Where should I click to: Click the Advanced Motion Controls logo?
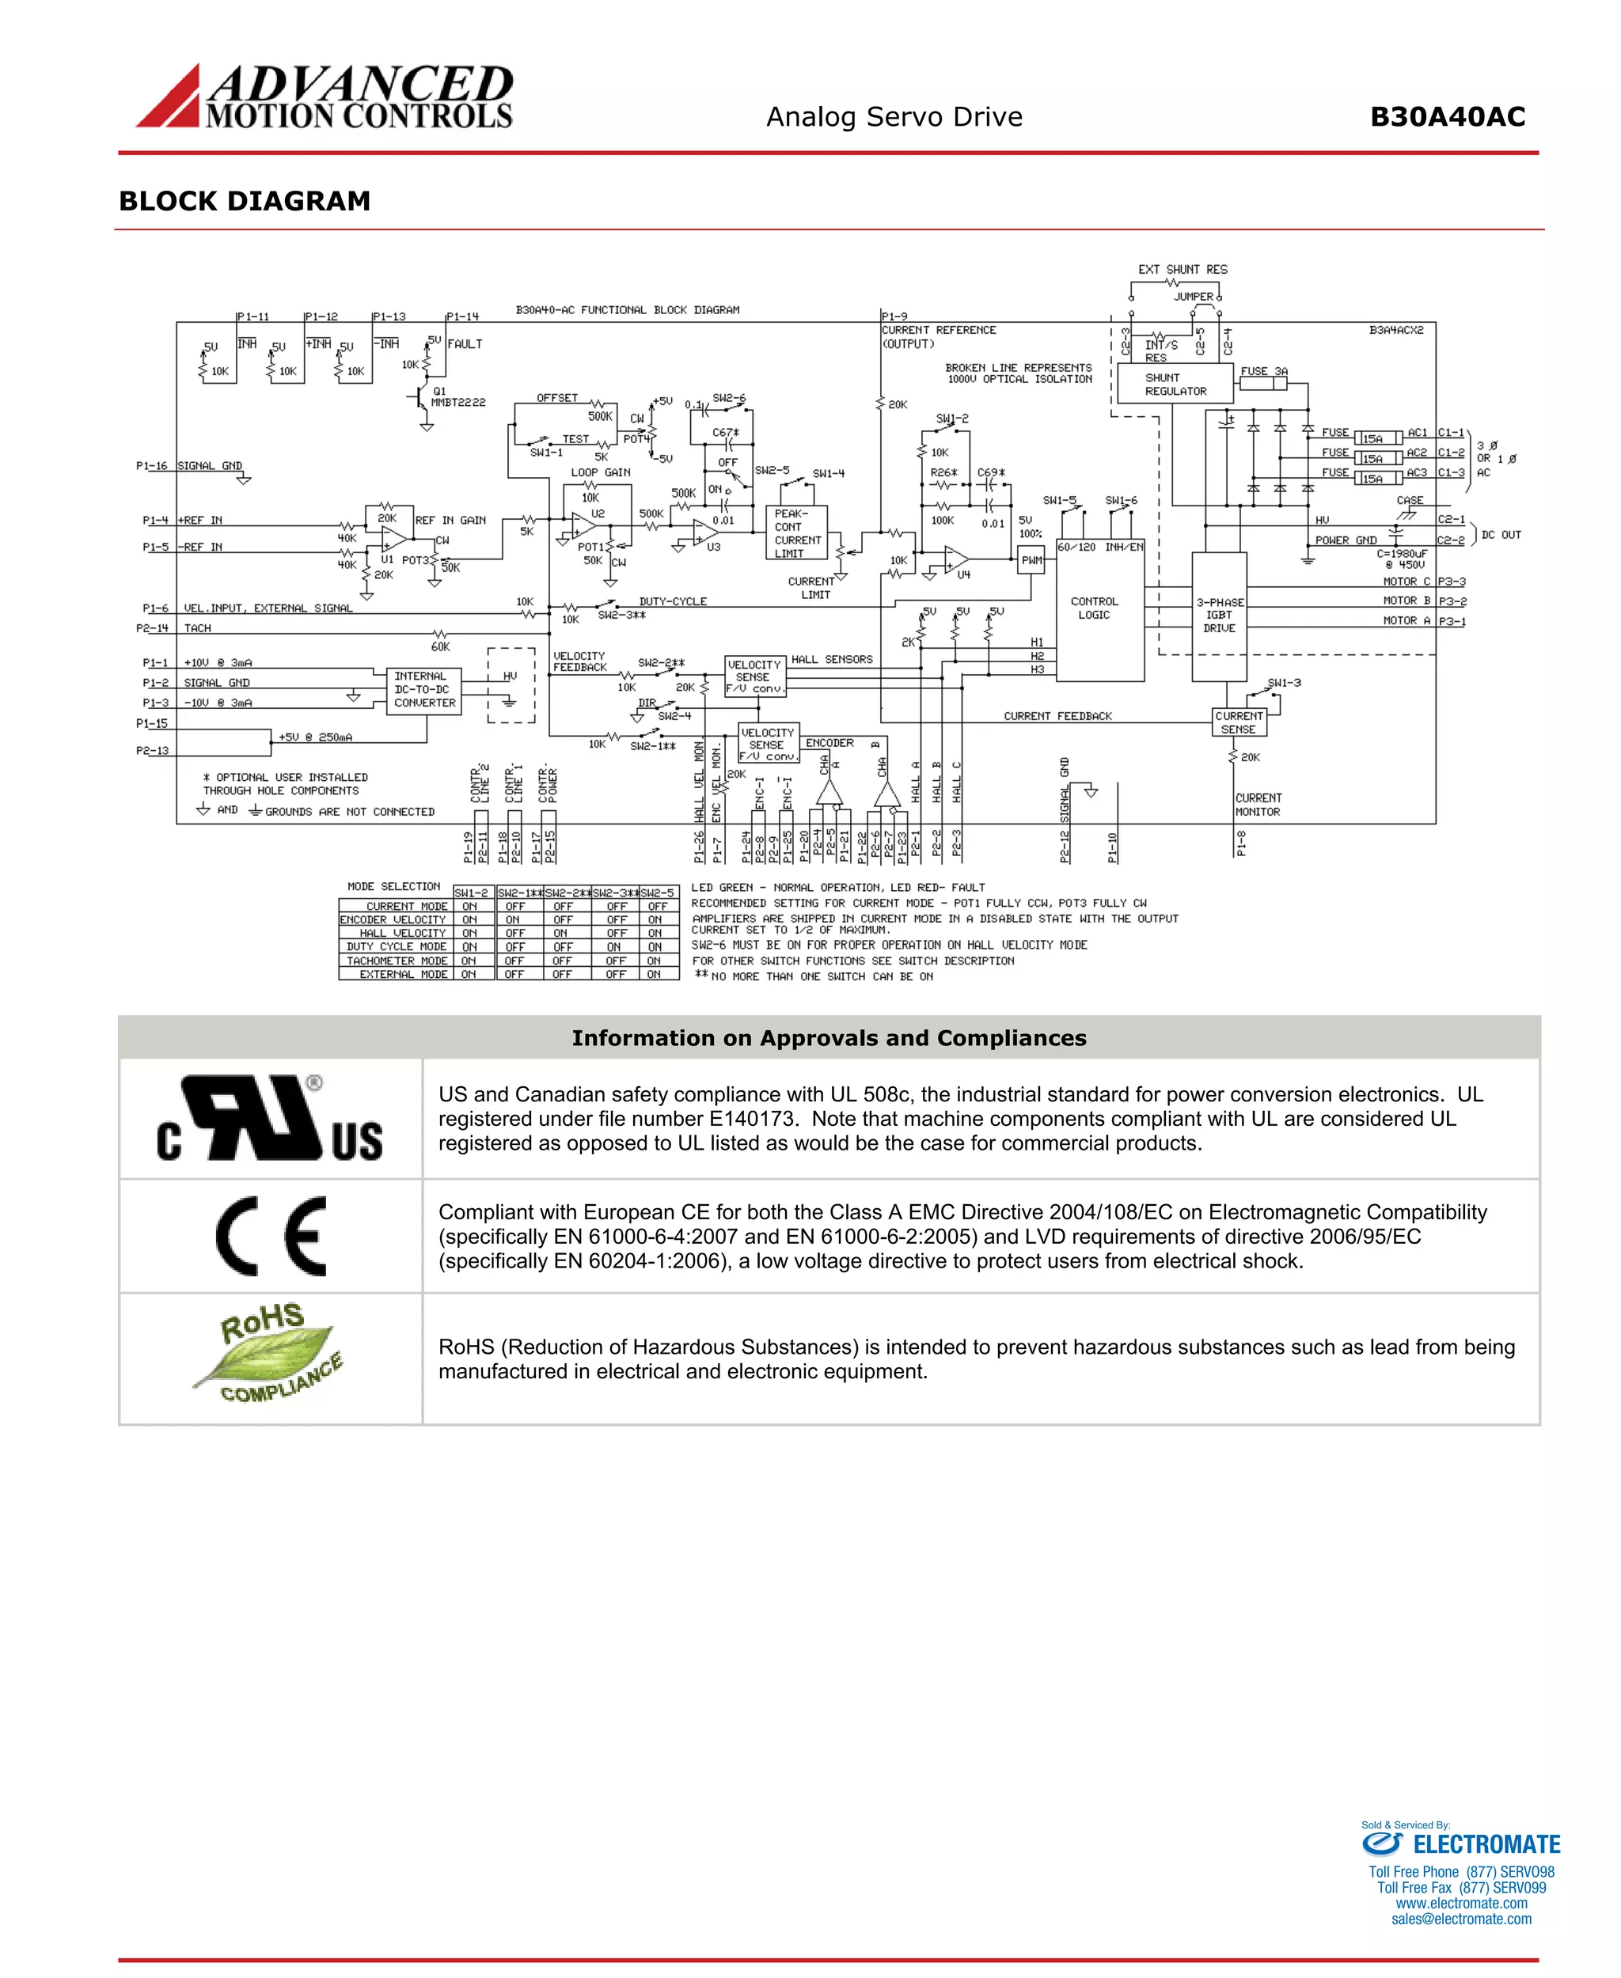tap(324, 97)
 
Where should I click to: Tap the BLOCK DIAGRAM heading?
tap(245, 202)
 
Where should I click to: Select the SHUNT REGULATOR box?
tap(1175, 384)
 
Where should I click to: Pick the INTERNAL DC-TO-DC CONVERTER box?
tap(424, 690)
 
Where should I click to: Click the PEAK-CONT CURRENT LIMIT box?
tap(796, 534)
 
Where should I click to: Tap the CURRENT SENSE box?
tap(1238, 722)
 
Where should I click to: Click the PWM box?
tap(1031, 561)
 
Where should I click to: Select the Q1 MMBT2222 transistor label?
tap(457, 396)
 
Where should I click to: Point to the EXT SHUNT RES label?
tap(1183, 270)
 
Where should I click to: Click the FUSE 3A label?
tap(1263, 372)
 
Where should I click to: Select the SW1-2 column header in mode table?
tap(471, 893)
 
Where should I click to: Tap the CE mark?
tap(271, 1236)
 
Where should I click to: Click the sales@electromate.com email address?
tap(1460, 1919)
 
